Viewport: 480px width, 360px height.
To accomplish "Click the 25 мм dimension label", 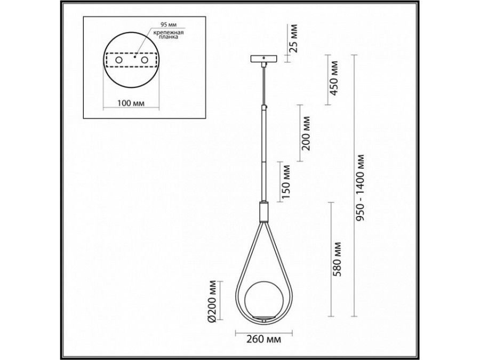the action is [x=293, y=39].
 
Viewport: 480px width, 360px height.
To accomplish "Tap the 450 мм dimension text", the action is [x=334, y=78].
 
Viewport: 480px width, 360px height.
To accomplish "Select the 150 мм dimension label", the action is [x=286, y=181].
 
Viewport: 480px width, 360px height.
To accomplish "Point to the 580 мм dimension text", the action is [x=337, y=259].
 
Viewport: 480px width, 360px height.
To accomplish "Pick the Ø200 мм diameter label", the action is [x=211, y=301].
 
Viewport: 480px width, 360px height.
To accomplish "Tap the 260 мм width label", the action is [x=263, y=339].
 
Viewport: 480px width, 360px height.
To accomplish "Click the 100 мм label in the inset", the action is [x=131, y=103].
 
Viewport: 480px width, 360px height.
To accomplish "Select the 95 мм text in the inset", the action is [x=169, y=25].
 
